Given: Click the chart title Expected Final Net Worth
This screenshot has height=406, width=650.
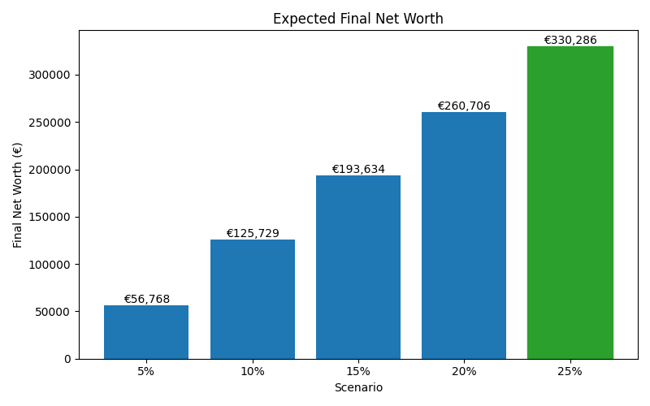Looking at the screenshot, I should tap(357, 19).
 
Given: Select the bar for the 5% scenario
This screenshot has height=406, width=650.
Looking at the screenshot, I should tap(146, 332).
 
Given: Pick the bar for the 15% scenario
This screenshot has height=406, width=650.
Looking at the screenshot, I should tap(358, 267).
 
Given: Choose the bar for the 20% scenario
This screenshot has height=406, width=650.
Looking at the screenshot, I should tap(464, 235).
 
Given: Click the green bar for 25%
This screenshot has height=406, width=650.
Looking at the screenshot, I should tap(570, 202).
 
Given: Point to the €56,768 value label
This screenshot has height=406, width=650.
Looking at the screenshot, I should tap(146, 299).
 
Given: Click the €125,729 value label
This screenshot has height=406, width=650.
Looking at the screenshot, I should tap(252, 233).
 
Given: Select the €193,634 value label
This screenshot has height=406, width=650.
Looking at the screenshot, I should tap(358, 169).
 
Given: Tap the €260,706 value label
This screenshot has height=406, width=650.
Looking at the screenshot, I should tap(464, 106).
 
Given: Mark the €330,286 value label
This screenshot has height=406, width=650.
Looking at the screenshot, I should tap(570, 40).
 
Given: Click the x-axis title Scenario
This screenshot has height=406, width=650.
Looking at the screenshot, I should tap(357, 388).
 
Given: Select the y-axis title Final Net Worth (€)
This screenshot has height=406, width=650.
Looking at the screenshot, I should tap(18, 195).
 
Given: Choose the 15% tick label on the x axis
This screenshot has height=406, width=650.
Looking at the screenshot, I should tap(358, 371).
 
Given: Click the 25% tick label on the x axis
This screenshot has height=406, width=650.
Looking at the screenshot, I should tap(570, 371).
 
